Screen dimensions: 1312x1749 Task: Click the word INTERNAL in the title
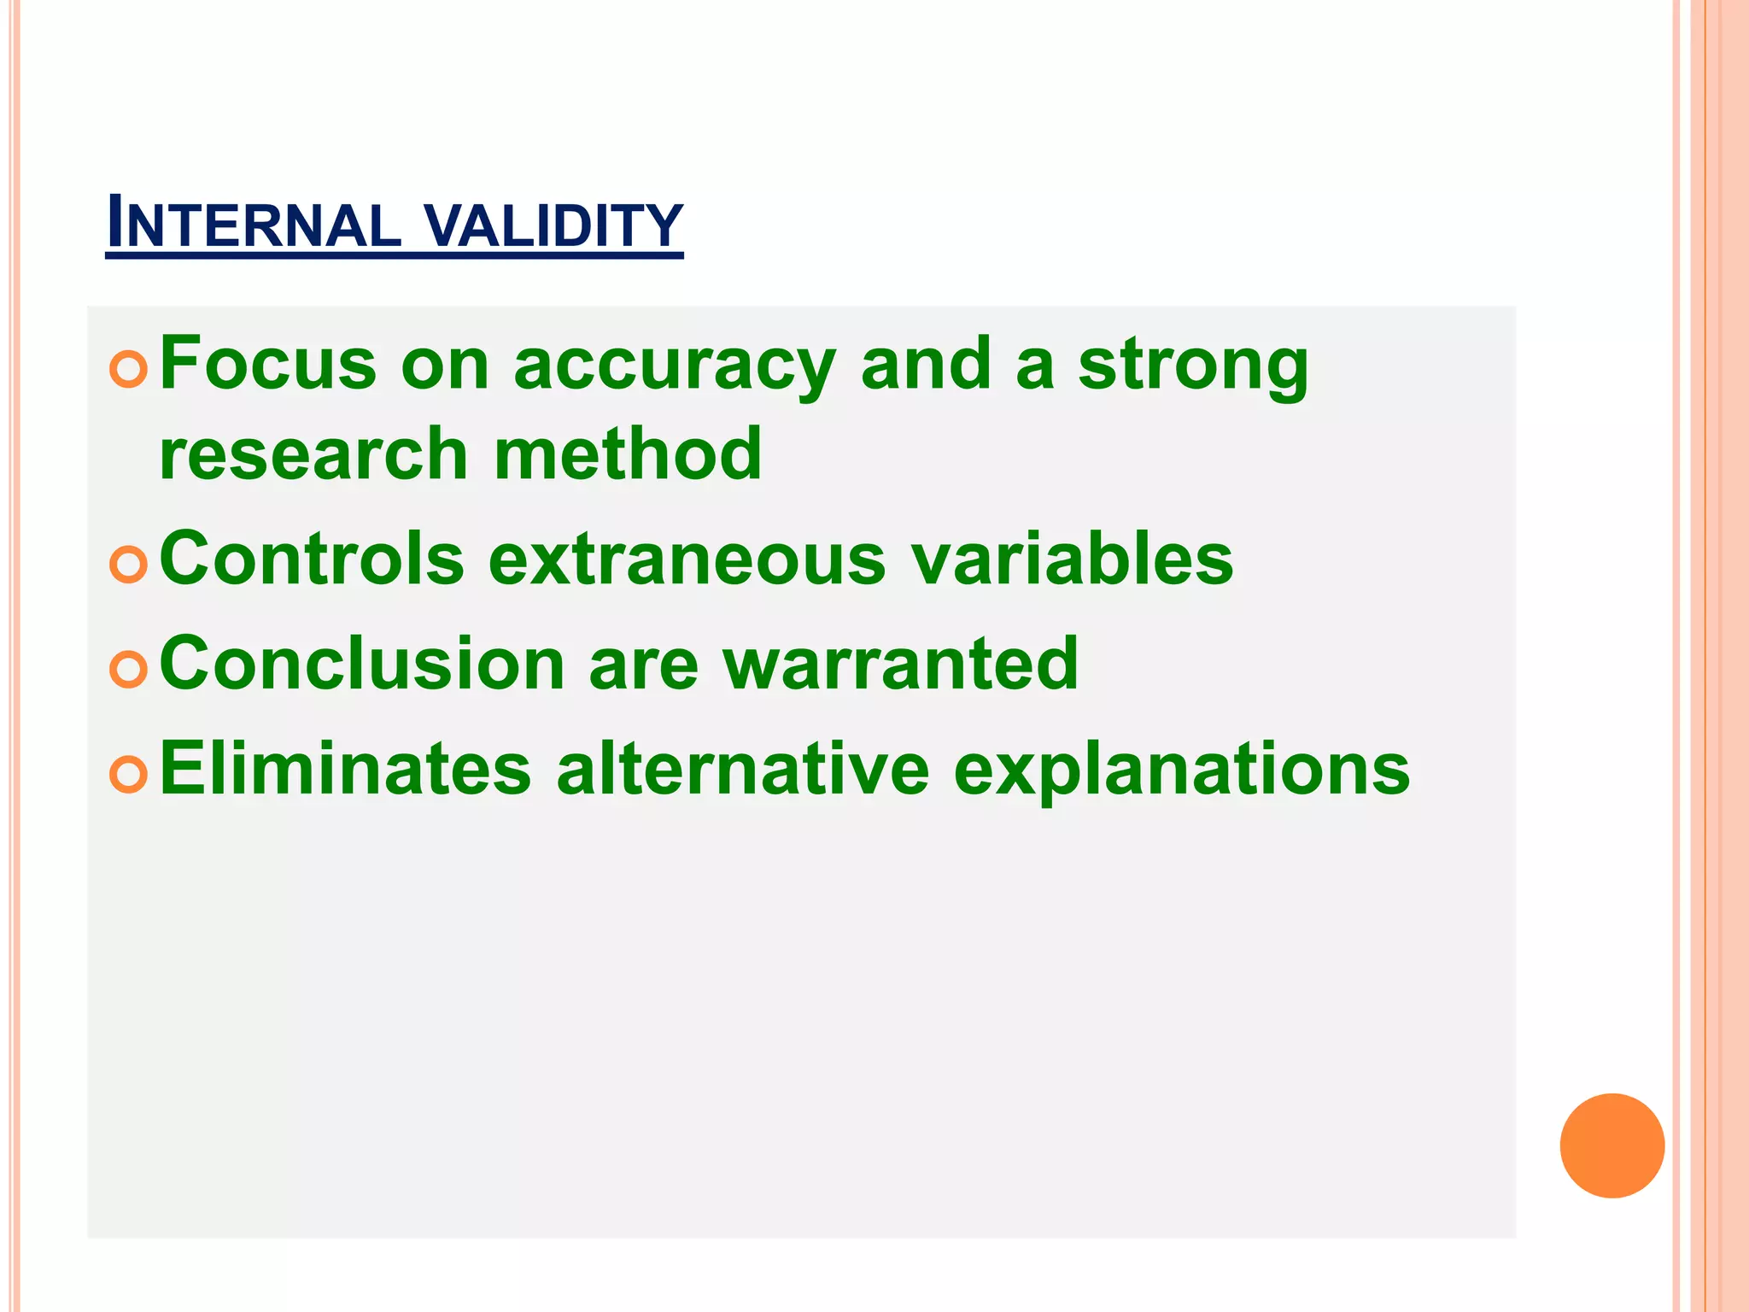(254, 225)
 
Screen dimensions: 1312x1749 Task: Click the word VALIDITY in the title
(553, 225)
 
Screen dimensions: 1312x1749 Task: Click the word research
(313, 454)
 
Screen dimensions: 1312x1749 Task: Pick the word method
(628, 454)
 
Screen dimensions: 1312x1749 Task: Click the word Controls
(312, 559)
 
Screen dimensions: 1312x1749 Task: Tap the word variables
(1072, 559)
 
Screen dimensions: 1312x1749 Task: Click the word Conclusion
(362, 664)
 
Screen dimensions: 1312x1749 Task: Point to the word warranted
(901, 664)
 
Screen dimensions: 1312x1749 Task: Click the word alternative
(742, 769)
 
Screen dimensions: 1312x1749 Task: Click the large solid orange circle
(1612, 1145)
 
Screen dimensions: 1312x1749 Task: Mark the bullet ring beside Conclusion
(129, 669)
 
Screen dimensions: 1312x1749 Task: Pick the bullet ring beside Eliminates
(129, 774)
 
